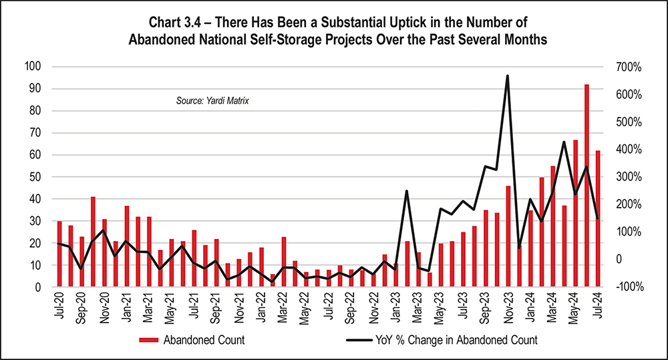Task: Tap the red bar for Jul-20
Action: tap(59, 254)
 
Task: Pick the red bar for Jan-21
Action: tap(127, 246)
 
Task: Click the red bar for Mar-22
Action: tap(284, 262)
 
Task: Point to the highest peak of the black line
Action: tap(508, 76)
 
